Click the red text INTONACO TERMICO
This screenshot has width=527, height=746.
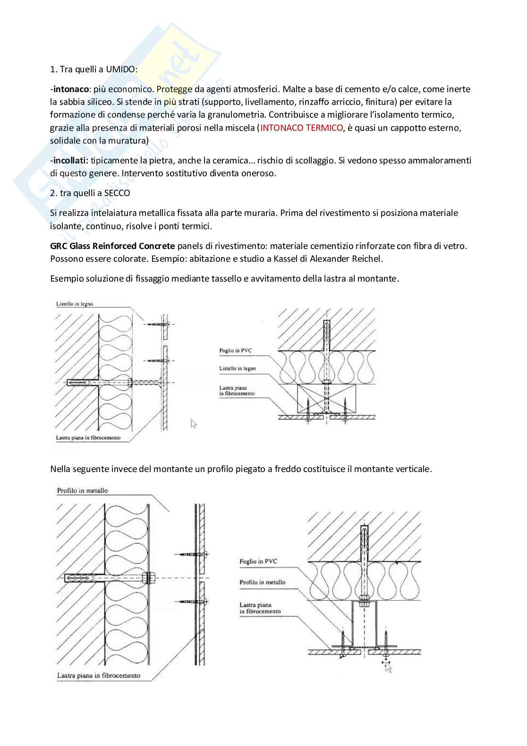pyautogui.click(x=302, y=128)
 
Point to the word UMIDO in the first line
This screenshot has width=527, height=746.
pyautogui.click(x=122, y=69)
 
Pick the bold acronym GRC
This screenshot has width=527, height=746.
pyautogui.click(x=58, y=246)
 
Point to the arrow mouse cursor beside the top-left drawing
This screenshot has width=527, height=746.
pyautogui.click(x=193, y=423)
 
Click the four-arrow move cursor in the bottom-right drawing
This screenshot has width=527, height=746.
pyautogui.click(x=388, y=666)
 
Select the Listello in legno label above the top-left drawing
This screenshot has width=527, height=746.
pyautogui.click(x=74, y=304)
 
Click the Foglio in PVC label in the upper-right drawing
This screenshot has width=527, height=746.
pyautogui.click(x=235, y=351)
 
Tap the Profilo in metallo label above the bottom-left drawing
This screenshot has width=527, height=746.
pyautogui.click(x=82, y=490)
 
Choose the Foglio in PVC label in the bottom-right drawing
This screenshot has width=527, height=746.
pyautogui.click(x=258, y=561)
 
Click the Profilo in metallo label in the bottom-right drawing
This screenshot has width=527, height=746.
pyautogui.click(x=262, y=582)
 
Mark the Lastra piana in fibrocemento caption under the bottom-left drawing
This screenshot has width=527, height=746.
pyautogui.click(x=98, y=676)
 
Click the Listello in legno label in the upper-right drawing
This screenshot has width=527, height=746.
pyautogui.click(x=238, y=369)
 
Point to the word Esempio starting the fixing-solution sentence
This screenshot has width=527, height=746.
pyautogui.click(x=65, y=278)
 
